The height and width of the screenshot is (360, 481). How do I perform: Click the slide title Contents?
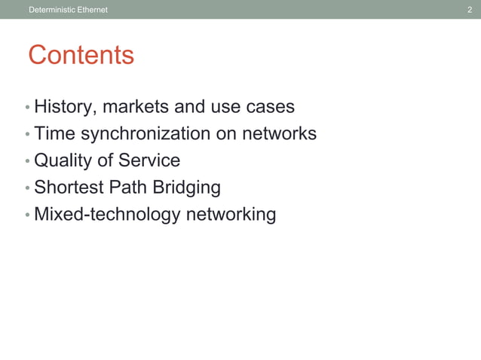[81, 55]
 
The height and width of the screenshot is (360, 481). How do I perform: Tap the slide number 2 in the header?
[470, 10]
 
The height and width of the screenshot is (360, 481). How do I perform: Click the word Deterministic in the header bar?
[51, 10]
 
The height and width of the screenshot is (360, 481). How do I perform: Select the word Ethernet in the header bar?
[91, 10]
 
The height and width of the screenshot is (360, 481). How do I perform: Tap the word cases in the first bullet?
[270, 107]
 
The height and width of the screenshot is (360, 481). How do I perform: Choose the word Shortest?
[69, 188]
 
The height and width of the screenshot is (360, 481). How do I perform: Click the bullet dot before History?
[27, 108]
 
